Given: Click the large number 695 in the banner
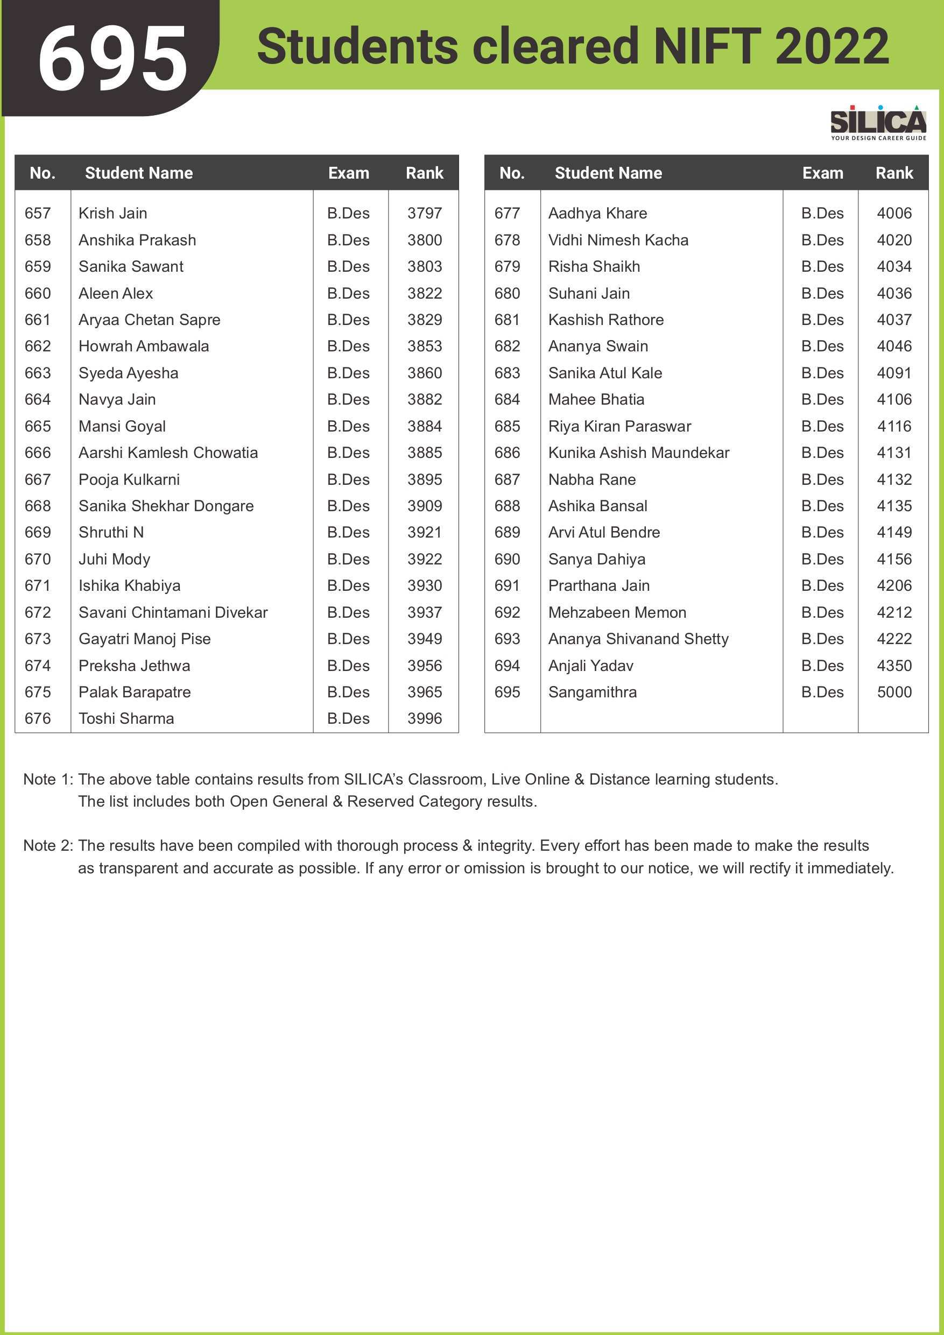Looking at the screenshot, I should (x=112, y=59).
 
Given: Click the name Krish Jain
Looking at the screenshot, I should (x=113, y=214).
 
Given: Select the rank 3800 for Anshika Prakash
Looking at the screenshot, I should (x=425, y=240).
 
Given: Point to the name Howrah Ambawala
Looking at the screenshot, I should (x=144, y=347).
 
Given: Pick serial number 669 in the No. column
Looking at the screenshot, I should (x=38, y=533).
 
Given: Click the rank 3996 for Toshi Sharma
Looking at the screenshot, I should (x=425, y=719).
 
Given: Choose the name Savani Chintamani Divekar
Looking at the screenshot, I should (x=173, y=612).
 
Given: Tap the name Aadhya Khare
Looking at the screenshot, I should (x=597, y=214).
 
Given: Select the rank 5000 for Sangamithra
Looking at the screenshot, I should (x=894, y=692).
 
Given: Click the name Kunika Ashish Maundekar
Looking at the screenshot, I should (x=639, y=453).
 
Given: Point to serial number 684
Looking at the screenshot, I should (x=507, y=399).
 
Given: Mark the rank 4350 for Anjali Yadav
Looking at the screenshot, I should (x=894, y=666).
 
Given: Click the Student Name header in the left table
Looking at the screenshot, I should (x=139, y=173).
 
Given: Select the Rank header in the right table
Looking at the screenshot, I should (x=894, y=173).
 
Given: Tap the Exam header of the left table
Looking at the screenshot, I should (x=348, y=173).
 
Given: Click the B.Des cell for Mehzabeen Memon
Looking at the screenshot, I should (x=822, y=612).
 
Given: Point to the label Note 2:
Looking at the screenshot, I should (x=48, y=845).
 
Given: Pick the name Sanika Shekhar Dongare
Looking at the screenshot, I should (x=166, y=506).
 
